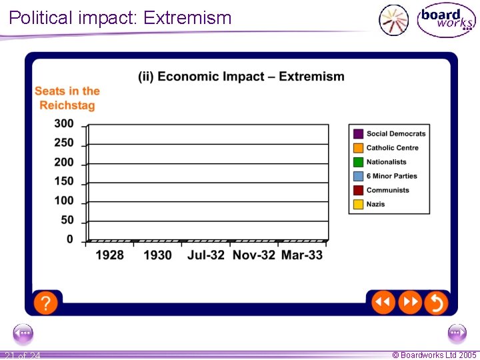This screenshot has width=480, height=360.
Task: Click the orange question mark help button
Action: pos(45,303)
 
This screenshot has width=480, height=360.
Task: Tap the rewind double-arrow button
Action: pos(383,303)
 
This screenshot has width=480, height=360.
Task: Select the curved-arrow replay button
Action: pos(435,303)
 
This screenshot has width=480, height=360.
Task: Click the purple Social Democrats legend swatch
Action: pos(358,134)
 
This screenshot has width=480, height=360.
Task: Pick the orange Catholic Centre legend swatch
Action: pos(358,148)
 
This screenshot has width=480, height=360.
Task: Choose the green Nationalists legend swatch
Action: pos(358,162)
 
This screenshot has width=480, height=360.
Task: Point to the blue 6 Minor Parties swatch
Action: pos(358,176)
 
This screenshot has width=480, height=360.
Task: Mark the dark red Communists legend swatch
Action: pos(358,190)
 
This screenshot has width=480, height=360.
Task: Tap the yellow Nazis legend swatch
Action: pos(358,204)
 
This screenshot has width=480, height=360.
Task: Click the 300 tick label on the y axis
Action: pos(64,123)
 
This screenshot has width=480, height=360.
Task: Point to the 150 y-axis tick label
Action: pos(64,181)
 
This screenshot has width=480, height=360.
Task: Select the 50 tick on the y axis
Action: pos(67,220)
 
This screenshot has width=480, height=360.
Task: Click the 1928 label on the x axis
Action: pos(109,255)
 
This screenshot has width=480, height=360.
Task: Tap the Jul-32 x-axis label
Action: pos(206,255)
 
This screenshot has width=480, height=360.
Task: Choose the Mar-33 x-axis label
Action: pos(301,255)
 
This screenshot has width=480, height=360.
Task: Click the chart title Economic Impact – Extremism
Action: pos(241,77)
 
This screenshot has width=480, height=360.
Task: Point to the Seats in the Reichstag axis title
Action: pos(67,98)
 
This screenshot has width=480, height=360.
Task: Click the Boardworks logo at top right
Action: pos(446,20)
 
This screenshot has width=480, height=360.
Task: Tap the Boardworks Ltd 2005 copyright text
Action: pos(434,355)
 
